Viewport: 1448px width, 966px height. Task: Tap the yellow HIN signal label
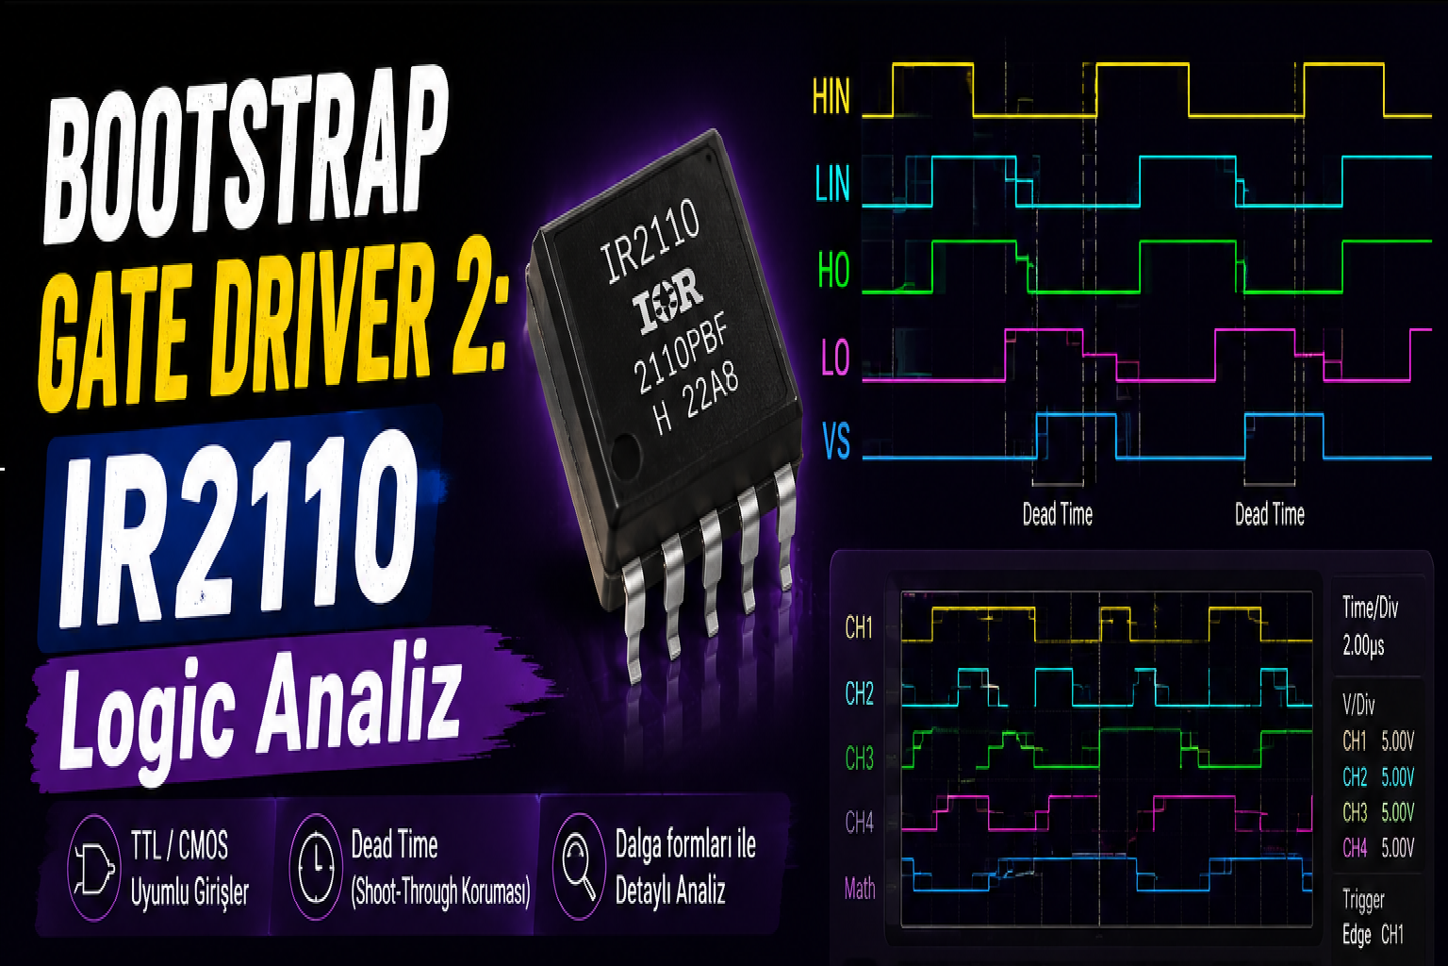click(831, 97)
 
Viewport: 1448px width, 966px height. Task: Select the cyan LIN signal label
click(832, 184)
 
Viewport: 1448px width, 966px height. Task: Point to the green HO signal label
click(834, 270)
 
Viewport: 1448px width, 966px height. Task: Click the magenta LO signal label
click(835, 358)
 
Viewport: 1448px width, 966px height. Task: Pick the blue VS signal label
click(836, 441)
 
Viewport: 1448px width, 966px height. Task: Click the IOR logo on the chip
click(667, 301)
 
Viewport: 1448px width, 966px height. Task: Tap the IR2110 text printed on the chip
click(650, 241)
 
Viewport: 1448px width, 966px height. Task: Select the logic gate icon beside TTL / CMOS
click(94, 868)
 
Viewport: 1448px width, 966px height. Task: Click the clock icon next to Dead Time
click(316, 868)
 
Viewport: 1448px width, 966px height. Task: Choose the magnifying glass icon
click(579, 867)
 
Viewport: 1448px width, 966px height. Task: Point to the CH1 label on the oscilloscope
click(859, 627)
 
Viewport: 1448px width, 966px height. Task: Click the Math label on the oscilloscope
click(860, 889)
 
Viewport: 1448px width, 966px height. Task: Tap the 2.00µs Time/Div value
click(1363, 645)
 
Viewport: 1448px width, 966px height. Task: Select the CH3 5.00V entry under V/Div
click(1378, 812)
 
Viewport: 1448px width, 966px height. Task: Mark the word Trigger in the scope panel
click(1363, 900)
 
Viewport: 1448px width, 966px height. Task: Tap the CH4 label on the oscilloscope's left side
click(859, 823)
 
